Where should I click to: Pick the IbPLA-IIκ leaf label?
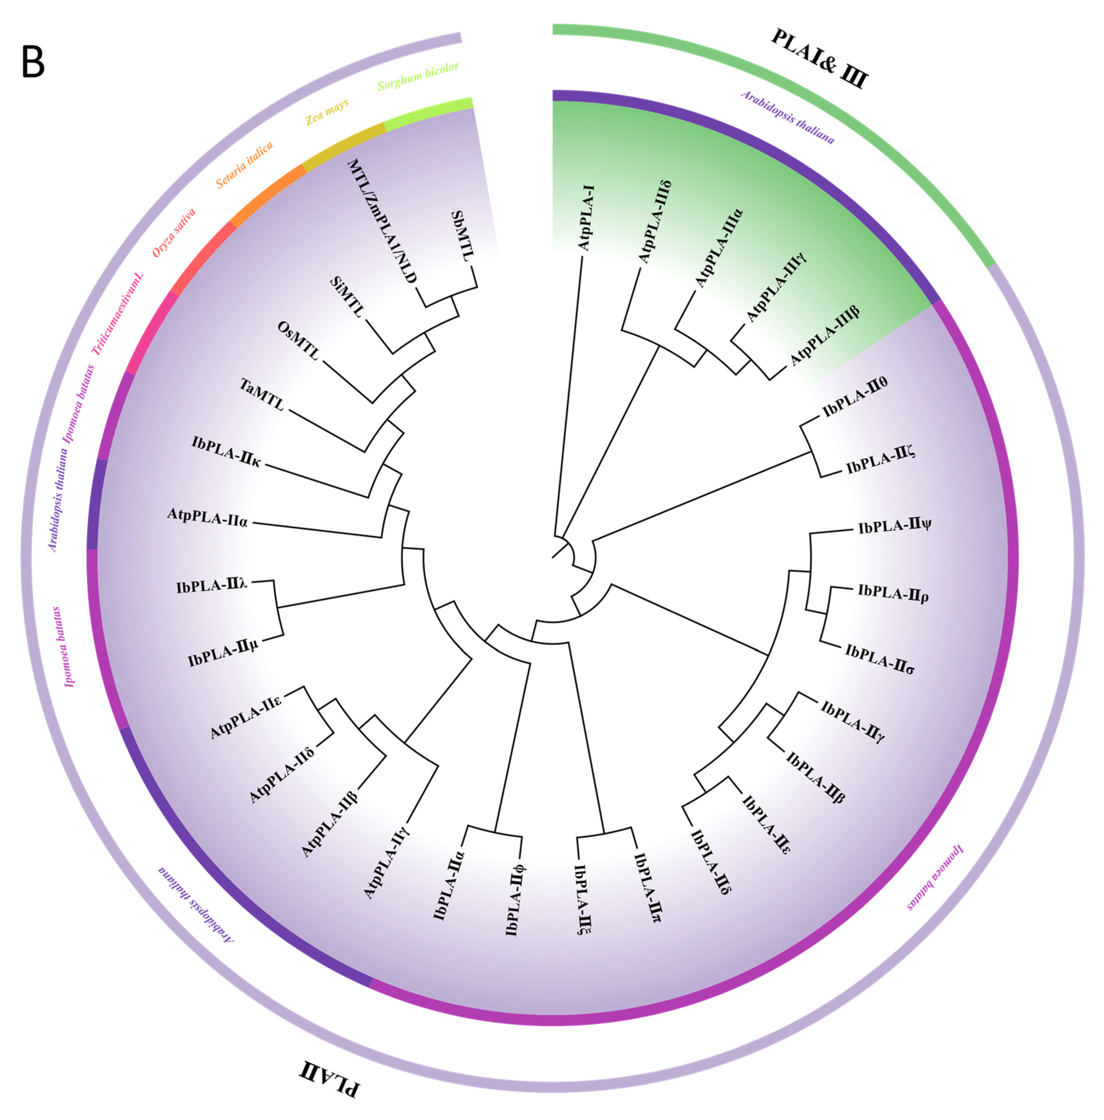[x=226, y=452]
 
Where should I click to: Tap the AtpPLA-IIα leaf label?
[x=208, y=517]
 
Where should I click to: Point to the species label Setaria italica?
[x=244, y=166]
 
